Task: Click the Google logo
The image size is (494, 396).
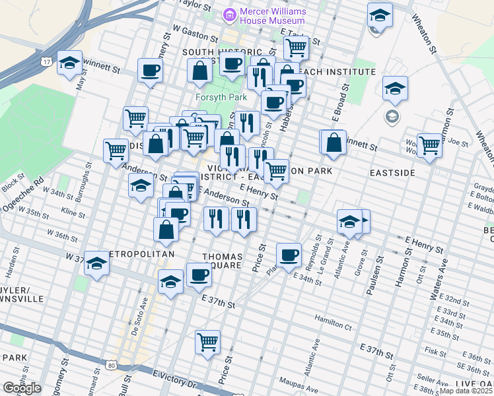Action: (22, 388)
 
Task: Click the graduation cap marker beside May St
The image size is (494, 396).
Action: (69, 63)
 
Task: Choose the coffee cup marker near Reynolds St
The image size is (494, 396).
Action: (288, 255)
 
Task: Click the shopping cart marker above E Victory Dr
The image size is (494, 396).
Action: (208, 343)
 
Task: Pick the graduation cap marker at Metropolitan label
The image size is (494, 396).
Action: (96, 265)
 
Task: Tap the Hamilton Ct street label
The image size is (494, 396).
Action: (333, 324)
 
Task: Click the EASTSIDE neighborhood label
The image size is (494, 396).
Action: (392, 172)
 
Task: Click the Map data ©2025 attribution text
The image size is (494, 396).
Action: (466, 391)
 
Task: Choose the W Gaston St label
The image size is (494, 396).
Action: (195, 34)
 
